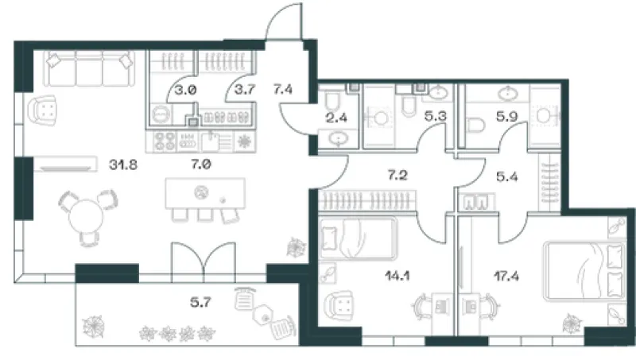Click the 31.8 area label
point(123,165)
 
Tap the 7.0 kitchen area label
point(201,165)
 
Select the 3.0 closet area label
point(186,90)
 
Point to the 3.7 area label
point(245,89)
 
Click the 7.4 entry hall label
point(283,89)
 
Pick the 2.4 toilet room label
point(336,118)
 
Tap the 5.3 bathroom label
point(435,117)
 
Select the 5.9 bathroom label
point(507,117)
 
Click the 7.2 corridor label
point(397,175)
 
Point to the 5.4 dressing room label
point(507,176)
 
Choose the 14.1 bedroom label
point(397,276)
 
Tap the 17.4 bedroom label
point(506,277)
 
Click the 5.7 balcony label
point(201,302)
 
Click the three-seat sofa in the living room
point(89,68)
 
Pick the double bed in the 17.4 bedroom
point(584,271)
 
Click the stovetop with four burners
point(165,141)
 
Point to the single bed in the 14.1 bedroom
point(357,238)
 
